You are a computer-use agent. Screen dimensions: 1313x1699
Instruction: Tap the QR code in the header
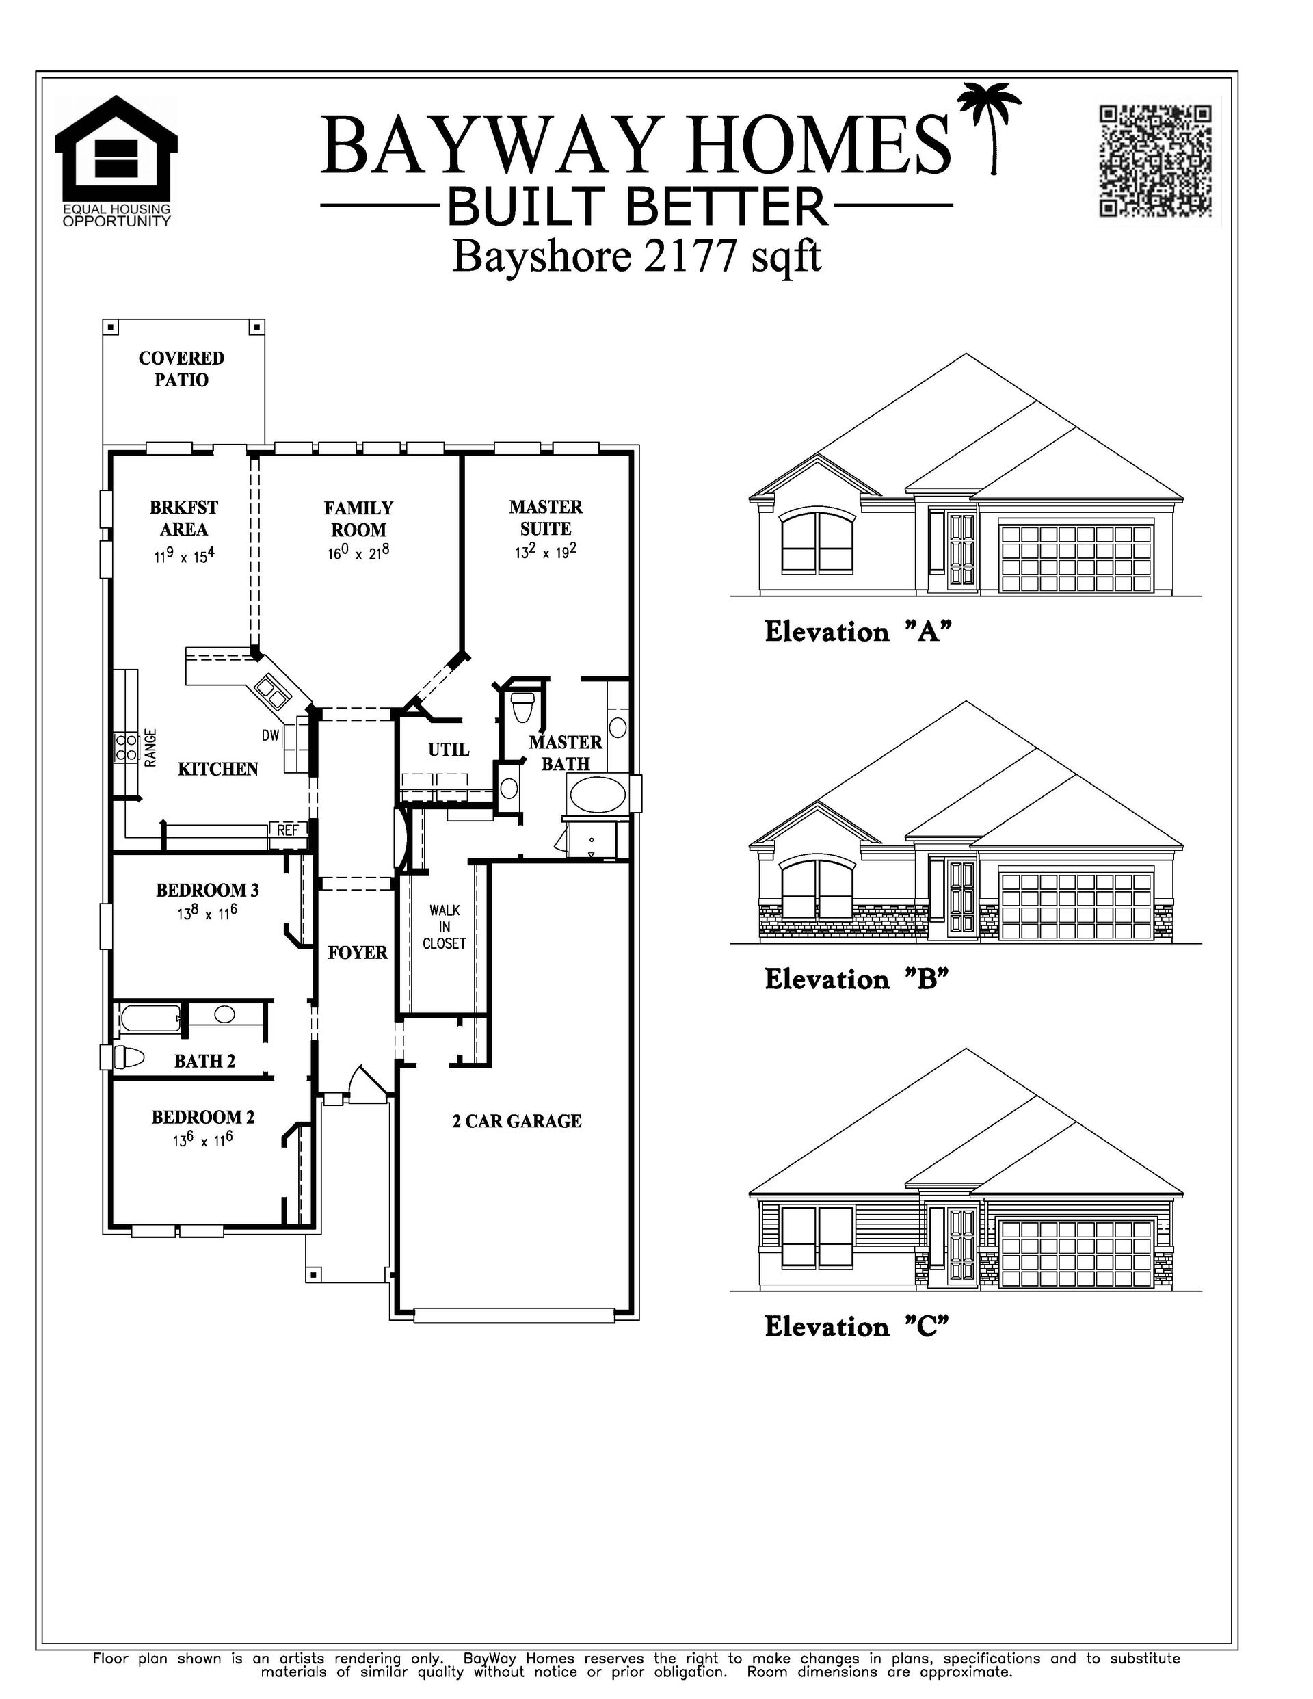click(x=1155, y=161)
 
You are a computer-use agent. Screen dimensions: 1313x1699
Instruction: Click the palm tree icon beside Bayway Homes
click(x=989, y=129)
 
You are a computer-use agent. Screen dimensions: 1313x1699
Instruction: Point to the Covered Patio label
click(x=181, y=369)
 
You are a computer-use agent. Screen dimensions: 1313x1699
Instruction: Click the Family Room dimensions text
click(x=358, y=553)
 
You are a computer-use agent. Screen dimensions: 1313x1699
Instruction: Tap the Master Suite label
click(x=545, y=517)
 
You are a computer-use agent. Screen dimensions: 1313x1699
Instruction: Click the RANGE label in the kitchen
click(x=151, y=748)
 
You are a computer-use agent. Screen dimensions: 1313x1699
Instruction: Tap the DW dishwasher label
click(x=270, y=735)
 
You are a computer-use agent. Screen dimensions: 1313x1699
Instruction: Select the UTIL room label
click(x=449, y=749)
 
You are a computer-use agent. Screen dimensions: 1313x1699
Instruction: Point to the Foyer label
click(x=357, y=952)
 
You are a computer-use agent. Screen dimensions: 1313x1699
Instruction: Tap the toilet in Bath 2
click(x=129, y=1058)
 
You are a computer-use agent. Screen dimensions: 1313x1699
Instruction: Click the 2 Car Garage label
click(x=517, y=1121)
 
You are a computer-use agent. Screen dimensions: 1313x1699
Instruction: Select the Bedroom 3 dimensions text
click(x=207, y=913)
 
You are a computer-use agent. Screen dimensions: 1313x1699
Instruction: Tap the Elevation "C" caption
click(x=857, y=1326)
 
